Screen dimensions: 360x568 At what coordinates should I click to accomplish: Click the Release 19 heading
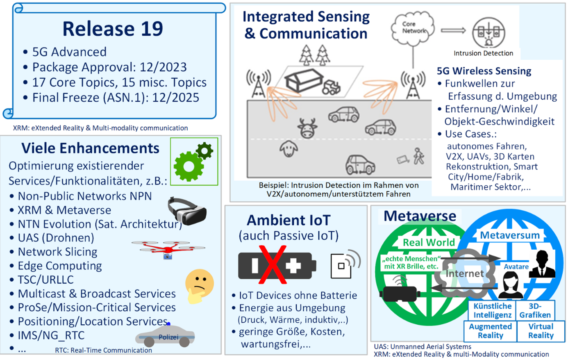113,29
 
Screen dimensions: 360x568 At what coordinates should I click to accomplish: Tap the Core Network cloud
413,28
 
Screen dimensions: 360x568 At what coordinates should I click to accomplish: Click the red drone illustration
168,248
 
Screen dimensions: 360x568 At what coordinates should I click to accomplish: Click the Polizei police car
166,336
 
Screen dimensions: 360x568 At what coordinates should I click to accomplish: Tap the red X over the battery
272,265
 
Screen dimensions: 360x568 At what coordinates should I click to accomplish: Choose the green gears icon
193,162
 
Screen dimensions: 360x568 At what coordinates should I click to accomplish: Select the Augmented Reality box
490,331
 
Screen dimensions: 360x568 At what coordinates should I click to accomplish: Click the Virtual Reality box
541,331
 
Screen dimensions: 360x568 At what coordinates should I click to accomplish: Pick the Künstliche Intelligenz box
492,310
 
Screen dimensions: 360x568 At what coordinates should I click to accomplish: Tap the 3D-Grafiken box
535,310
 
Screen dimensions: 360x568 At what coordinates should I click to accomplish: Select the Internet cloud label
464,273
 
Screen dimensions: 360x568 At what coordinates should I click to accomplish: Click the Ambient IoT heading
289,220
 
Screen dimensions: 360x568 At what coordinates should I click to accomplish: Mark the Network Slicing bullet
57,252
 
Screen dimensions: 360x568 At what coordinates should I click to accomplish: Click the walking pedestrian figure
418,156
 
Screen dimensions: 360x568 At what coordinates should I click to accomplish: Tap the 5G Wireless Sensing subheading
484,71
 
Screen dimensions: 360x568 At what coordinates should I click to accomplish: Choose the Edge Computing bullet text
60,266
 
